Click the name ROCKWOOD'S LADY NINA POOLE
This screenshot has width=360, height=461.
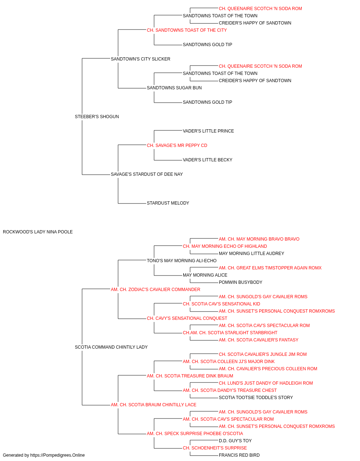38,232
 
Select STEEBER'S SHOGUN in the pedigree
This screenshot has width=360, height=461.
97,117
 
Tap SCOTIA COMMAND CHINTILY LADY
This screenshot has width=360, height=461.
111,347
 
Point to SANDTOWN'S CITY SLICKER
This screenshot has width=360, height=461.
140,59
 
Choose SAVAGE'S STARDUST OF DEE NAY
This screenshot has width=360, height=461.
147,174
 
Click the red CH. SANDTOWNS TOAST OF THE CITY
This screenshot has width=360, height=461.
187,30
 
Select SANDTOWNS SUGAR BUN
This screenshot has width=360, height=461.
174,88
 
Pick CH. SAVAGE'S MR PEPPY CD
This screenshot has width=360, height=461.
177,146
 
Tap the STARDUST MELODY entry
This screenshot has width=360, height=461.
168,203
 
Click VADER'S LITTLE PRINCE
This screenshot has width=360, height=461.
208,131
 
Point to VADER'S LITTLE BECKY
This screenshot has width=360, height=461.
208,160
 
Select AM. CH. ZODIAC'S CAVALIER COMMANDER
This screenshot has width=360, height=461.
156,290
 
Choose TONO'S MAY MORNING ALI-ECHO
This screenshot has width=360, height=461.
182,261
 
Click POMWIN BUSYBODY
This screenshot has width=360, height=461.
240,282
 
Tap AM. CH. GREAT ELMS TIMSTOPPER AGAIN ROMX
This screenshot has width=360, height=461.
270,268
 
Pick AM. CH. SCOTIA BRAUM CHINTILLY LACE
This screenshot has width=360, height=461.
153,405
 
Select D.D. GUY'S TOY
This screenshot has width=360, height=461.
235,441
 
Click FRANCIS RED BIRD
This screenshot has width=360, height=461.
239,455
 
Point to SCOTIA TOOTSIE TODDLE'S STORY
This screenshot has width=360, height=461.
256,398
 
